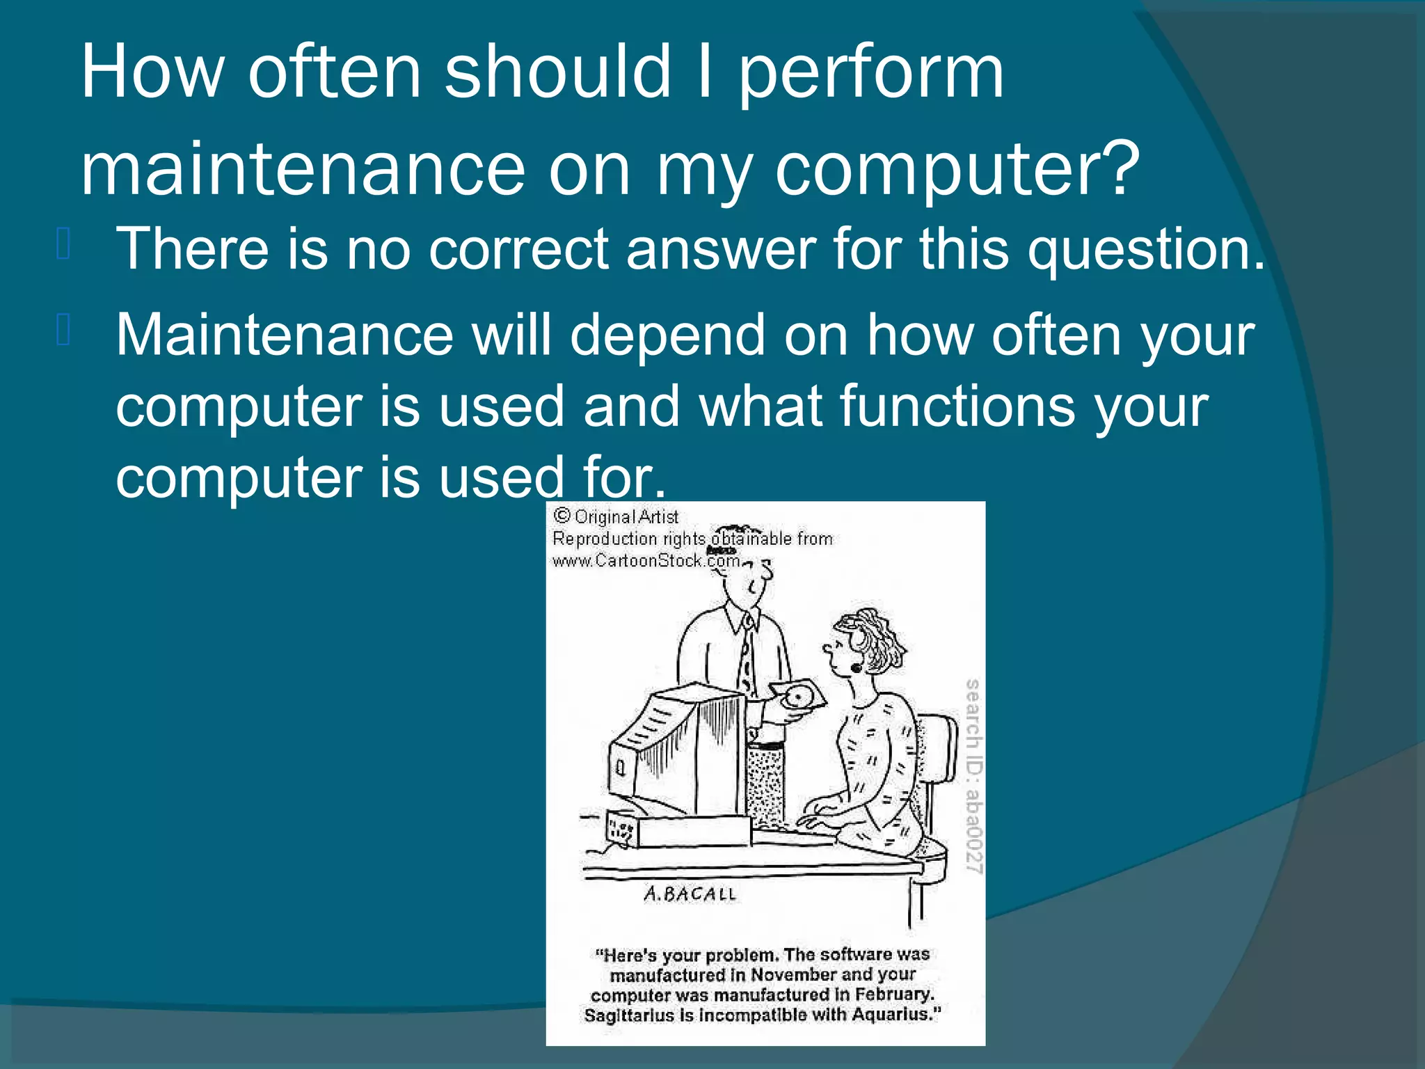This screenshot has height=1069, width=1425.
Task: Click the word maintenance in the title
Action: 303,168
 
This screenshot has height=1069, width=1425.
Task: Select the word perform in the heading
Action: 870,73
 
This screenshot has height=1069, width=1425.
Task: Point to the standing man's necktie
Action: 746,654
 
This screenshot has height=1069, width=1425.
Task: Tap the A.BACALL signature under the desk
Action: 689,894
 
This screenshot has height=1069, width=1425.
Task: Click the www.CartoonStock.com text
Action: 645,561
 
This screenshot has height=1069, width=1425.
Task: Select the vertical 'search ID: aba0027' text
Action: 973,776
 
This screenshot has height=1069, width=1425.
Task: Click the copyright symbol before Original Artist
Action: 562,516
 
